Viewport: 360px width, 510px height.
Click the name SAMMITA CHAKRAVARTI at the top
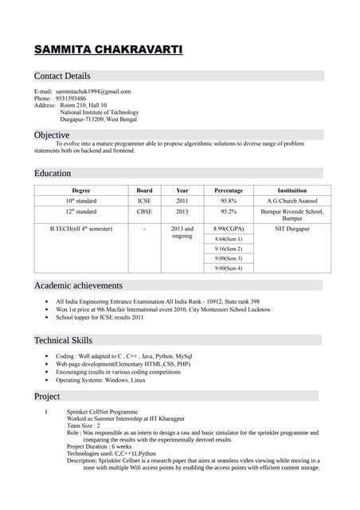[x=108, y=50]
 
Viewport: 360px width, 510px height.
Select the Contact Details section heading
[x=62, y=76]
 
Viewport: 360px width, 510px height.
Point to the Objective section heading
[x=52, y=135]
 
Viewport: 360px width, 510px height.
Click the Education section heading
[x=53, y=173]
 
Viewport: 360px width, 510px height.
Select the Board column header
[x=144, y=190]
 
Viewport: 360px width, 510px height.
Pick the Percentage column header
[x=229, y=190]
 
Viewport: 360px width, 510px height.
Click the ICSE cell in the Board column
[x=144, y=201]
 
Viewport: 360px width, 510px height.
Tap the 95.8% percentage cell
[x=229, y=201]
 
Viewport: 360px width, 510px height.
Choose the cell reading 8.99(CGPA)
[x=229, y=229]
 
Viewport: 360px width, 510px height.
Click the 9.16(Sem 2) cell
[x=229, y=249]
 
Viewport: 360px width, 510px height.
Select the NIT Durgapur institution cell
[x=292, y=229]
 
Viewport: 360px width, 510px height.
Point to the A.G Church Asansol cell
[x=292, y=201]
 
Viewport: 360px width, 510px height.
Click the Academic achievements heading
[x=78, y=285]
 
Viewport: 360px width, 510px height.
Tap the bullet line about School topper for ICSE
[x=100, y=317]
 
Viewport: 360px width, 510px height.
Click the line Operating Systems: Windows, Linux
[x=100, y=380]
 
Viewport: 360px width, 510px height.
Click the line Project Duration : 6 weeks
[x=100, y=446]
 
